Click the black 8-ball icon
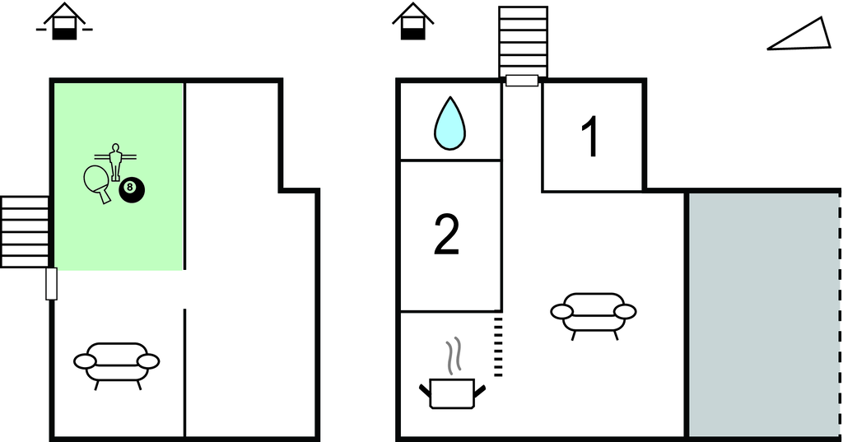[132, 189]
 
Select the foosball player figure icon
[115, 161]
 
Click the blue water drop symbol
[449, 123]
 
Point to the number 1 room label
[590, 137]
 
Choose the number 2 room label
[446, 235]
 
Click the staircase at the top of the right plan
[523, 42]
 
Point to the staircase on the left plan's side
[25, 232]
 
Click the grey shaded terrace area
[763, 315]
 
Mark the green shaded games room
[119, 176]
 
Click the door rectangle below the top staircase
[522, 81]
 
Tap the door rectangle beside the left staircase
[52, 283]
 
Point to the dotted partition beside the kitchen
[498, 346]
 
